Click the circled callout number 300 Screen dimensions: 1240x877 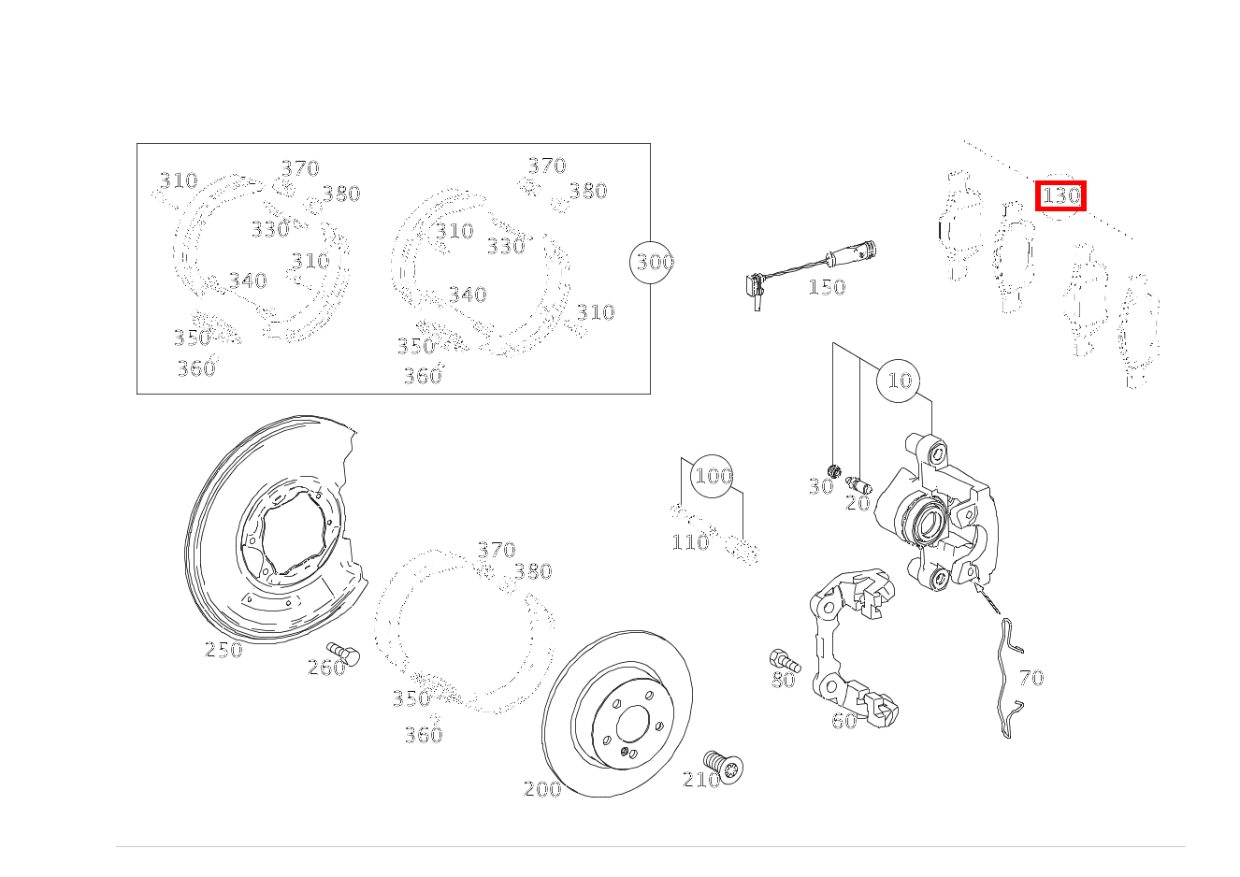[x=651, y=263]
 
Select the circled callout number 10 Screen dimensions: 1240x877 [x=898, y=381]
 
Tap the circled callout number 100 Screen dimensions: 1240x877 [x=712, y=476]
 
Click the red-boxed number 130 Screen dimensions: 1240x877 [x=1060, y=195]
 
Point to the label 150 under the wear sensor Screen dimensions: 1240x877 [x=827, y=287]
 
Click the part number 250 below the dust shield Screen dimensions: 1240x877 [x=223, y=650]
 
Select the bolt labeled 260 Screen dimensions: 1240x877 [x=343, y=654]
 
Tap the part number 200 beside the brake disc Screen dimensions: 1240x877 [x=542, y=789]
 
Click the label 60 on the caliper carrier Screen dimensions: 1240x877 [x=844, y=721]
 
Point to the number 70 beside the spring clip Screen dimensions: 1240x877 [x=1031, y=678]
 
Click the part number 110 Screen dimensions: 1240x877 [x=690, y=542]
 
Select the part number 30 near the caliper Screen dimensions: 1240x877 [x=821, y=487]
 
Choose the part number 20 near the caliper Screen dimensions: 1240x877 [x=858, y=503]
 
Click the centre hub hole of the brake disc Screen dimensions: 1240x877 [x=632, y=724]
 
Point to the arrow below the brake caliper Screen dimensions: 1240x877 [x=987, y=596]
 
